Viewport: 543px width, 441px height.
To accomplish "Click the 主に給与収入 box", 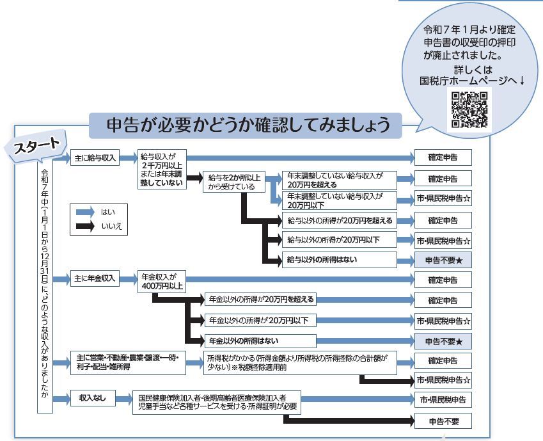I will [94, 158].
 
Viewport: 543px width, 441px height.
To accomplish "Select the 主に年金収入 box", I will [94, 278].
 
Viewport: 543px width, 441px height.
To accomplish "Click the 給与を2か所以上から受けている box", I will [231, 182].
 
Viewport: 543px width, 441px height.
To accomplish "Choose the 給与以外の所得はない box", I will [339, 259].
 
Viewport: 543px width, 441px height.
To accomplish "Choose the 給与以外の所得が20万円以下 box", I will [339, 240].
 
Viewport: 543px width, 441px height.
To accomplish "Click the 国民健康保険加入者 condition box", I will [215, 402].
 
